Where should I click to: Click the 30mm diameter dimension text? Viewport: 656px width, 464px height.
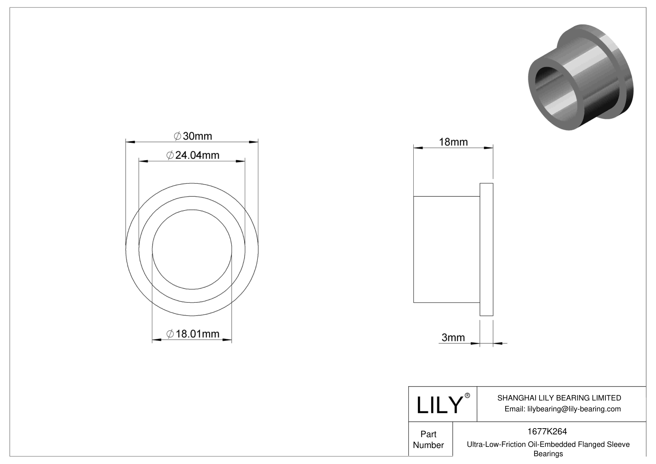[193, 136]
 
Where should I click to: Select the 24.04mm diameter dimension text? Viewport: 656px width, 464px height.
[193, 155]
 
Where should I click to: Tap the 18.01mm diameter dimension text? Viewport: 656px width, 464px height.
[193, 334]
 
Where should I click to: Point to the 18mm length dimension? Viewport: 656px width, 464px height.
[453, 142]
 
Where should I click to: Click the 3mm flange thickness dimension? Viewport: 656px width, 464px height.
[453, 337]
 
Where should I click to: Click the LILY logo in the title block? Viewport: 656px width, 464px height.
[439, 405]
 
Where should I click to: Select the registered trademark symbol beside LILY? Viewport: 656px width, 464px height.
[467, 395]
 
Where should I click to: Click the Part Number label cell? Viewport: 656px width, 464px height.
[429, 439]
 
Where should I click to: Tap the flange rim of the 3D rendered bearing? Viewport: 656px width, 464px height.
[624, 78]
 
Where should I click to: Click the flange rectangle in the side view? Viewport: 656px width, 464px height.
[486, 249]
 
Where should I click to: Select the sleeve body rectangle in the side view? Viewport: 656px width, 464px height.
[446, 249]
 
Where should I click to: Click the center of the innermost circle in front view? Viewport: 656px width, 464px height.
[192, 249]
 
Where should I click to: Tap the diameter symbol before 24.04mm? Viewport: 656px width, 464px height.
[170, 155]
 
